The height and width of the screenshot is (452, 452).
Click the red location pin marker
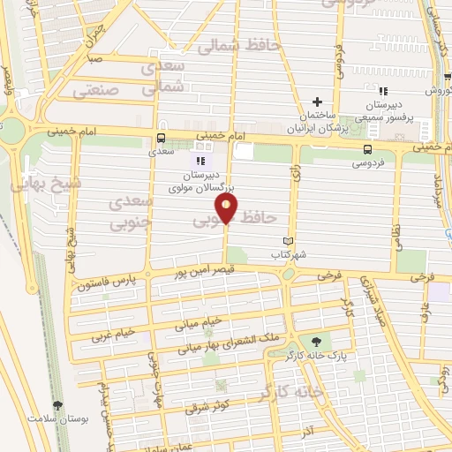pos(227,210)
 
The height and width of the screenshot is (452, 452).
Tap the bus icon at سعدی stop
pos(160,138)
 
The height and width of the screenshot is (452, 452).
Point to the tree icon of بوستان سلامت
pos(58,406)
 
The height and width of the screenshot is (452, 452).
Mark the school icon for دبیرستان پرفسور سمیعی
pos(382,92)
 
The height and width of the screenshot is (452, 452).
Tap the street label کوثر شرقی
pos(209,408)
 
